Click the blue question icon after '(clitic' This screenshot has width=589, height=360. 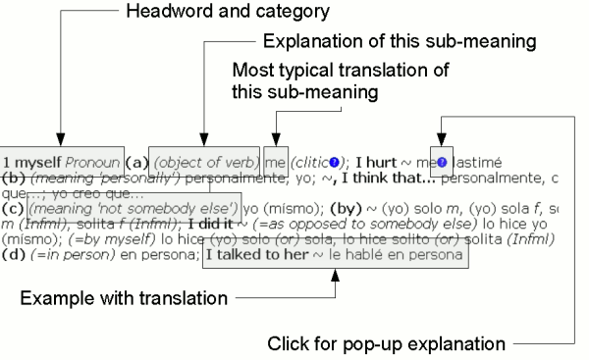[336, 161]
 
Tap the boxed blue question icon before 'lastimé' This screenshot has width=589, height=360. [442, 161]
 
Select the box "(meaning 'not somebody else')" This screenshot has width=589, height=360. [133, 208]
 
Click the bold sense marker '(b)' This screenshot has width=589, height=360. [13, 178]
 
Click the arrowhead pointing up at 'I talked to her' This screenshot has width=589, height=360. [336, 275]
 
